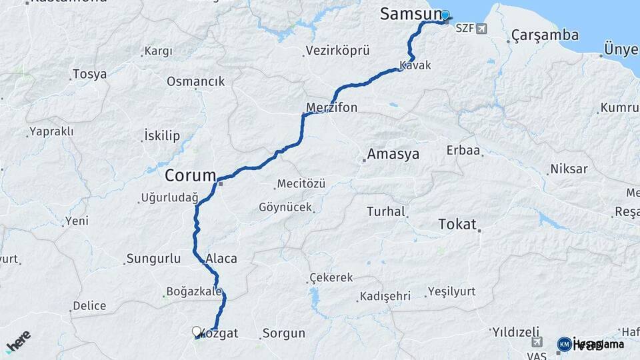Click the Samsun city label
click(409, 14)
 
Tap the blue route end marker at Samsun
click(445, 14)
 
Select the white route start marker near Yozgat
click(197, 331)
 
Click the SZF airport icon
click(482, 29)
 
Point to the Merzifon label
click(332, 107)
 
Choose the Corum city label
click(191, 177)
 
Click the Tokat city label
click(457, 224)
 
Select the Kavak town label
click(416, 65)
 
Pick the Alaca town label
click(221, 259)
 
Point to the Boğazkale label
click(193, 291)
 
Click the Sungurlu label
click(154, 258)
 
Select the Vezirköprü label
click(338, 51)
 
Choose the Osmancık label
click(195, 81)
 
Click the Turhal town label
click(386, 212)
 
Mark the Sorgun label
click(283, 333)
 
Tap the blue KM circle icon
click(564, 344)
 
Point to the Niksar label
click(569, 169)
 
